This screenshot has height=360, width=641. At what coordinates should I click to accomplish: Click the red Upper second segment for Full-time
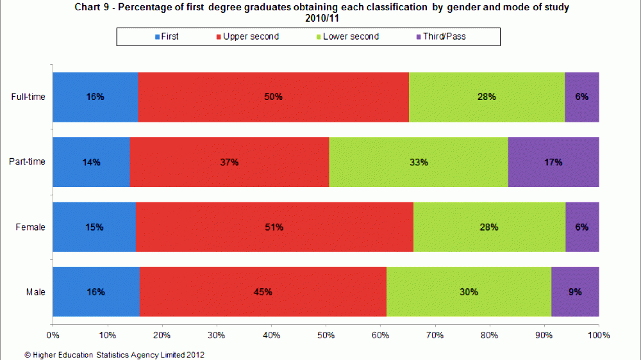[273, 97]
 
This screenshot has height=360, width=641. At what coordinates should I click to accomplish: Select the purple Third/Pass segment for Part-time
[553, 162]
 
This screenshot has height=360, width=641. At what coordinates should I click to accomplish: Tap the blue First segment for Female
[94, 227]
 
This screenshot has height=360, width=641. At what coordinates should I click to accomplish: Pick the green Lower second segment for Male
[469, 292]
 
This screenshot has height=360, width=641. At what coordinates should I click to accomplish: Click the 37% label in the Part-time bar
[229, 163]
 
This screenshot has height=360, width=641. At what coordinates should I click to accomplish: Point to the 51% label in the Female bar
[274, 227]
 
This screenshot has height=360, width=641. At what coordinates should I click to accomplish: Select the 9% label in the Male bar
[575, 292]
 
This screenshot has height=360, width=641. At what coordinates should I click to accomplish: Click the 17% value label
[553, 163]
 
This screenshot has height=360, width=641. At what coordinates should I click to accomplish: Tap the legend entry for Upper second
[251, 37]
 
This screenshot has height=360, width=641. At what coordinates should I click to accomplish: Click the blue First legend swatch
[157, 37]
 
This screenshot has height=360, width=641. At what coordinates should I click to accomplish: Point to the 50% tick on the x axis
[326, 334]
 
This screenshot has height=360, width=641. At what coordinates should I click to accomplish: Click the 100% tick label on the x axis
[598, 334]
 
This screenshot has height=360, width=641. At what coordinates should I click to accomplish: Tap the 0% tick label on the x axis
[53, 334]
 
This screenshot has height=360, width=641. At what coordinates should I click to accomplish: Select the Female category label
[31, 227]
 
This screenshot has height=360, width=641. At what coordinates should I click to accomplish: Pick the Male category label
[35, 292]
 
